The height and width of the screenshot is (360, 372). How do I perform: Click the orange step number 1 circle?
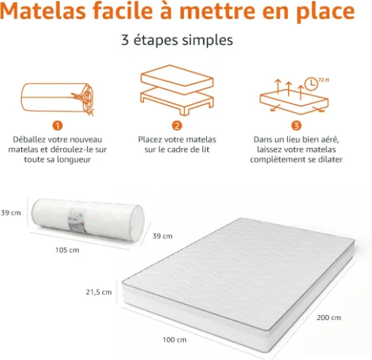point(58,126)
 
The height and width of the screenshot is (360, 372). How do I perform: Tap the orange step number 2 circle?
point(177,126)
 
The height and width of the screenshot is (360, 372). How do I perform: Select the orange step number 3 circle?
point(296,126)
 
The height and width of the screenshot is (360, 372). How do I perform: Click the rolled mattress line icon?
point(58,98)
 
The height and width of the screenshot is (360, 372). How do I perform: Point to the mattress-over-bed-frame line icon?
point(177,90)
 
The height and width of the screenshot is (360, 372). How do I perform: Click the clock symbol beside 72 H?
point(311,84)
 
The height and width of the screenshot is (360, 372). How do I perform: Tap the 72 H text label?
point(324,80)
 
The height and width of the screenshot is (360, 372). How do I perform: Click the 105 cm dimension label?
point(67,250)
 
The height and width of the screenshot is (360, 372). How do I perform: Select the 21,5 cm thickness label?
point(98,292)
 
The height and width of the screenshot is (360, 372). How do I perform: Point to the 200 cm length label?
point(329,317)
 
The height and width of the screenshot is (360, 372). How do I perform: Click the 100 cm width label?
point(174,340)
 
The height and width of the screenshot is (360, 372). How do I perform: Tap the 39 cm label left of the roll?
point(11,213)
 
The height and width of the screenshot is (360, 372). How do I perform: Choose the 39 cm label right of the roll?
point(162,236)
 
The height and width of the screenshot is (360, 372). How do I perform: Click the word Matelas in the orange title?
point(43,11)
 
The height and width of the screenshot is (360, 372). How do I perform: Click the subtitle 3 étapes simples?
point(177,40)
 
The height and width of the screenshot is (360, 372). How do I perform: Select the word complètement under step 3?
point(278,160)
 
